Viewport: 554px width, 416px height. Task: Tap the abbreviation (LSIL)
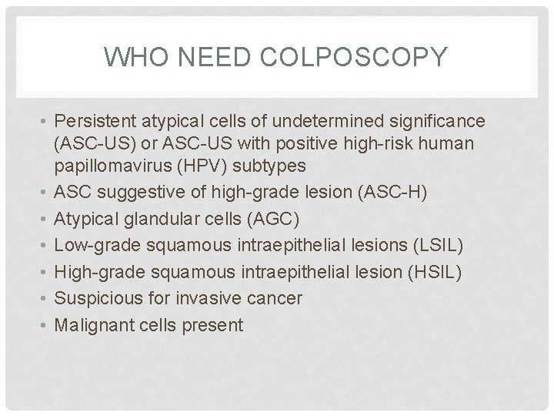click(439, 245)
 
